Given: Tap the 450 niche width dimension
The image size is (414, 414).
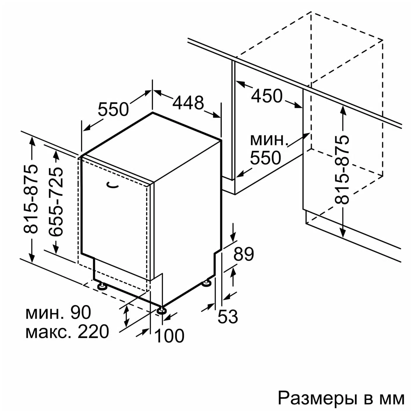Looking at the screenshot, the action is click(x=266, y=96).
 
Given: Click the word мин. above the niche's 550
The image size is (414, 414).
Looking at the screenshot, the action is click(x=269, y=140).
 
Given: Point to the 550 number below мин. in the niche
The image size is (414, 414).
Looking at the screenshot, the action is click(x=266, y=157).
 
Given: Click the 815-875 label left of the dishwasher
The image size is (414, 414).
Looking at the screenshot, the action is click(x=30, y=199).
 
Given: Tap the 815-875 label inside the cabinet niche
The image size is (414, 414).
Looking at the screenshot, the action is click(x=342, y=170).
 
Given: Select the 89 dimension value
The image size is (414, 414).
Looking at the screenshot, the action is click(x=244, y=254).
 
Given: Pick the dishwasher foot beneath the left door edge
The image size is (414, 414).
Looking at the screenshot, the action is click(x=102, y=286).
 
